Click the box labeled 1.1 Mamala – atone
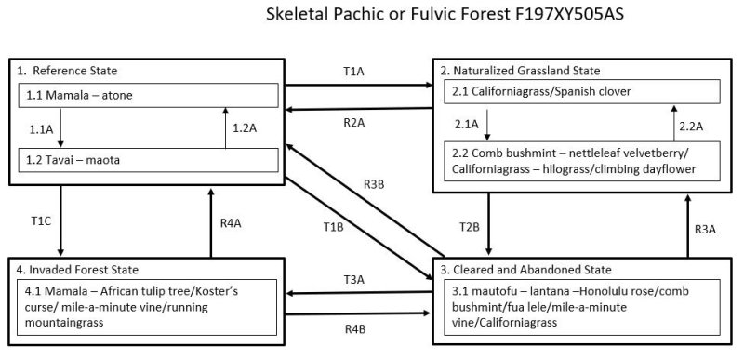(x=149, y=96)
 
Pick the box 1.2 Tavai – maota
(x=149, y=159)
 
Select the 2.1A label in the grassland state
(x=467, y=124)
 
